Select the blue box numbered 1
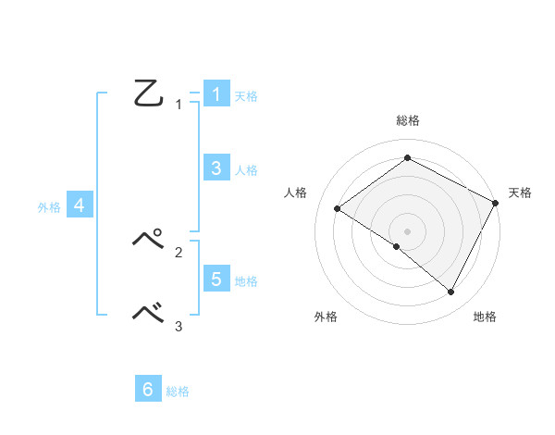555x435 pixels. tap(216, 94)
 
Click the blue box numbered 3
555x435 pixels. tap(216, 168)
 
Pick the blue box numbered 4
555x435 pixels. tap(80, 205)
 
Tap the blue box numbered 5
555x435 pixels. tap(216, 279)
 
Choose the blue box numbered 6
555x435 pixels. tap(148, 390)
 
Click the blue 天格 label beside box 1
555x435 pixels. tap(245, 96)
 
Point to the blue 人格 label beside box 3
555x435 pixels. tap(245, 170)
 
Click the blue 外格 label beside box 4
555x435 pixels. tap(49, 208)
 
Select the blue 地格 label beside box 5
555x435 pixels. tap(245, 281)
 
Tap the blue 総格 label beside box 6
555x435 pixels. tap(178, 392)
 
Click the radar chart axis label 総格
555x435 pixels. tap(407, 120)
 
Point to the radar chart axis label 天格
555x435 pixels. tap(520, 193)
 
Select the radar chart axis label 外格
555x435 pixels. tap(326, 317)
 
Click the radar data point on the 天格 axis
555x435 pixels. tap(495, 203)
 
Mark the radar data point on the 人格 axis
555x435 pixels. tap(338, 209)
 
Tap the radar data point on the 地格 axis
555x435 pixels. tap(451, 292)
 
